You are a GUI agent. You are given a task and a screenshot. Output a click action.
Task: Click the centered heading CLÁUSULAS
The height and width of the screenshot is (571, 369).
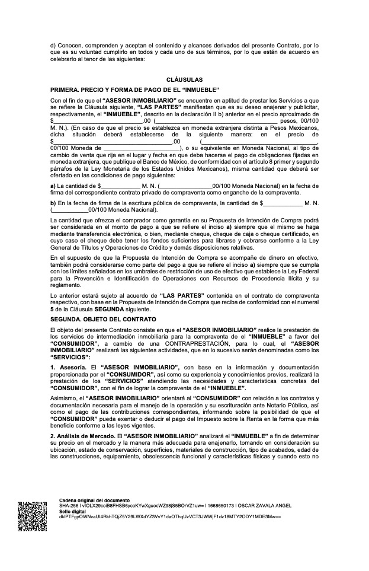(x=185, y=79)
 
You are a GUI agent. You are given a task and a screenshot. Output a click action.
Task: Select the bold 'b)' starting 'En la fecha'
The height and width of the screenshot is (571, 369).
(x=53, y=203)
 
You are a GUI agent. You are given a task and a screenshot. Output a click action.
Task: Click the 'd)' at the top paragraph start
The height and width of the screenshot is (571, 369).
(x=53, y=45)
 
